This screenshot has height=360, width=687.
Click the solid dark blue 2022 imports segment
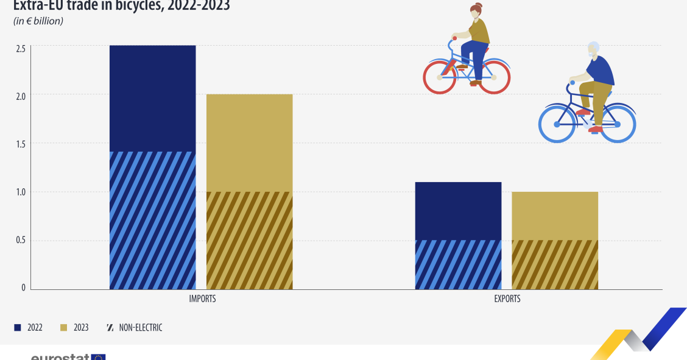[x=152, y=98]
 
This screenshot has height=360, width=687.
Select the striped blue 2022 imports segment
[x=152, y=220]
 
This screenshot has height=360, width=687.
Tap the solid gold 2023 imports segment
[x=249, y=143]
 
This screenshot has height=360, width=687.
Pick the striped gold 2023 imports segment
[x=249, y=240]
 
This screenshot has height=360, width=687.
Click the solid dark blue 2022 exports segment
[x=458, y=211]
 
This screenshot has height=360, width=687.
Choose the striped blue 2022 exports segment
[x=458, y=264]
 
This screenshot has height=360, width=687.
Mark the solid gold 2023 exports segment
[x=555, y=216]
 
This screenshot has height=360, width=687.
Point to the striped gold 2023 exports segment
[x=555, y=264]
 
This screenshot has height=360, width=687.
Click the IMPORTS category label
[x=202, y=299]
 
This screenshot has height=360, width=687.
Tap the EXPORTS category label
[x=507, y=299]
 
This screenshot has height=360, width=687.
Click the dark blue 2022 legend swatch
[x=17, y=328]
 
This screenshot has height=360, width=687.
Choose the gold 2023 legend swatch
[x=63, y=328]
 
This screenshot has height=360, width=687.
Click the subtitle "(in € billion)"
[x=38, y=21]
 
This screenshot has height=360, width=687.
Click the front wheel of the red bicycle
[x=440, y=77]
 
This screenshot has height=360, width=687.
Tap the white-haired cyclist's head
[x=593, y=51]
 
